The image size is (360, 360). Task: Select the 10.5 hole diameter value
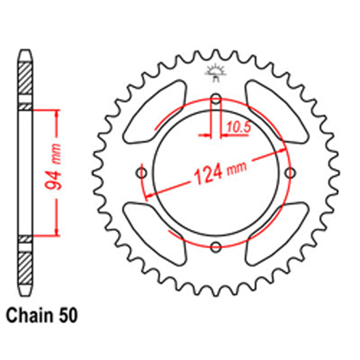(238, 127)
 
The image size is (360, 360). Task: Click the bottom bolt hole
(216, 247)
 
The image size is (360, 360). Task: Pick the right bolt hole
(290, 174)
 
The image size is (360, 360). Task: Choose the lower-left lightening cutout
(155, 234)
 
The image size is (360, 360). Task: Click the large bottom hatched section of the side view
(25, 268)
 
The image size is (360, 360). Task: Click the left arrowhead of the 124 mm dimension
(147, 196)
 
